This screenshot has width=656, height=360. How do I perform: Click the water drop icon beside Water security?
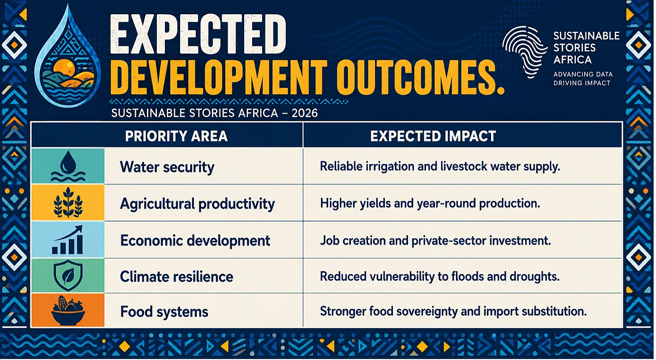[68, 166]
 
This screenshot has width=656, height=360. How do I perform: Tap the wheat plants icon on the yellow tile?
[68, 203]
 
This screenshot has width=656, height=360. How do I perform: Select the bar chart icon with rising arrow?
[68, 240]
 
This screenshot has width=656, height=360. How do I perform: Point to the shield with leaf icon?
[68, 275]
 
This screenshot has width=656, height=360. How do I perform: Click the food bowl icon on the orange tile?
[68, 310]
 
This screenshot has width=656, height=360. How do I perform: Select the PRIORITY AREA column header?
[176, 136]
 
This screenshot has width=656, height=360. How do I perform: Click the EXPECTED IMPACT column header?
[433, 136]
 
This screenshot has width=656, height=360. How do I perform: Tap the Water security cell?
[167, 167]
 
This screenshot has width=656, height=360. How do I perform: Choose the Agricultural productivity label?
[197, 204]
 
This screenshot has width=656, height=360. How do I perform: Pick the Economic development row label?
[195, 241]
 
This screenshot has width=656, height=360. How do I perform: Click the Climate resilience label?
[177, 277]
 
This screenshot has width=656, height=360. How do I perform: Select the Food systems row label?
[164, 312]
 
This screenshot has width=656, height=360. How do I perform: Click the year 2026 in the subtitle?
[305, 113]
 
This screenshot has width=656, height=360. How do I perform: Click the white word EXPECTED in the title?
[198, 34]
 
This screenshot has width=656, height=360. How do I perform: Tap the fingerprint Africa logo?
[525, 51]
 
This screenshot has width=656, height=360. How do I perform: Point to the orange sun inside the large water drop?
[65, 67]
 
